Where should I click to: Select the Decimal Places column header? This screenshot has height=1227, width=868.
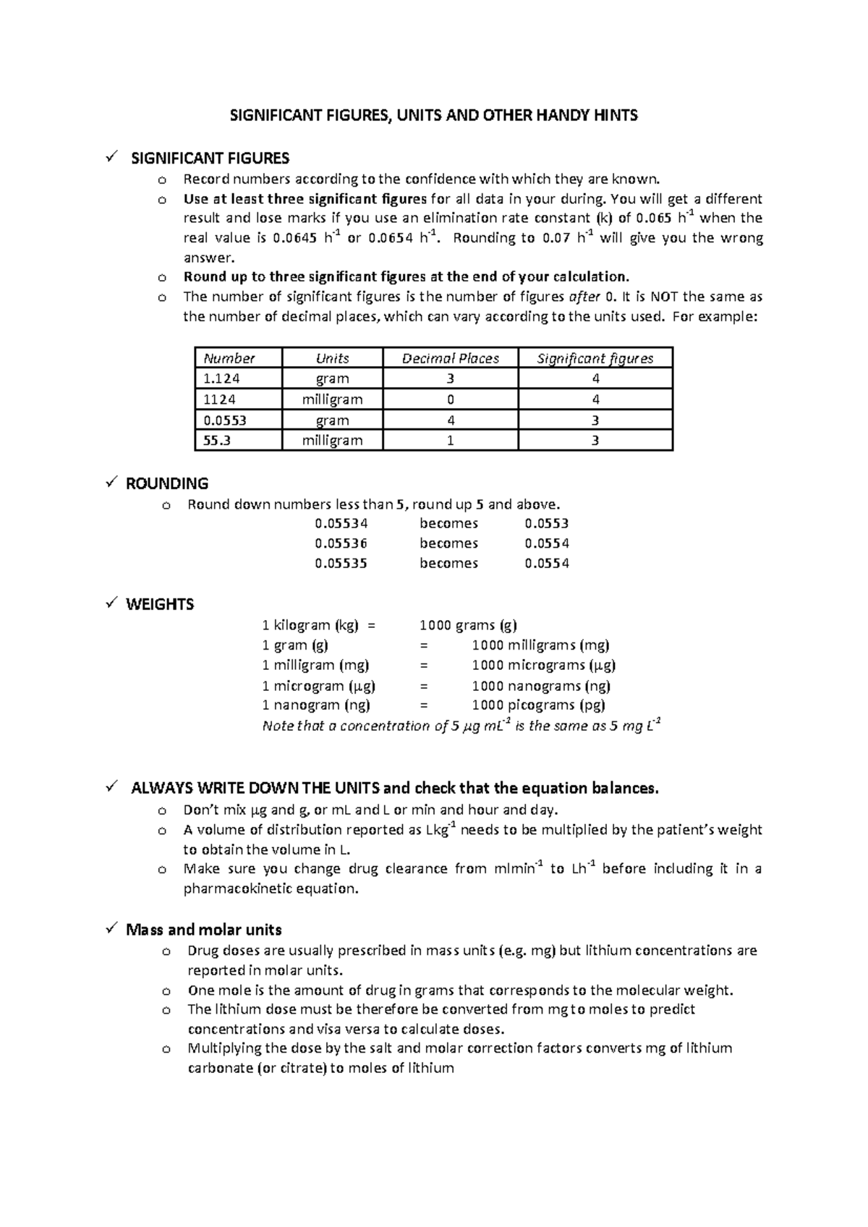[451, 358]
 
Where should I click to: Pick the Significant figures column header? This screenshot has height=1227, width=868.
[595, 358]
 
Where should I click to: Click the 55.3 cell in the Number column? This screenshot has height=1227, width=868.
[217, 440]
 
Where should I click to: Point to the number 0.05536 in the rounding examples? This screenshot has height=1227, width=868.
[341, 543]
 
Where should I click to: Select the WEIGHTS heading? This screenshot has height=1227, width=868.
[160, 604]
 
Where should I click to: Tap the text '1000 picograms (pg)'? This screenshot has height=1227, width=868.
[538, 705]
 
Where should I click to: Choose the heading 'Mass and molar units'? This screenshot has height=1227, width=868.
[203, 930]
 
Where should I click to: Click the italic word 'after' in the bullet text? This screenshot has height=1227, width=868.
[584, 296]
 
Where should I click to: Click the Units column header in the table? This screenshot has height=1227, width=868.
[332, 358]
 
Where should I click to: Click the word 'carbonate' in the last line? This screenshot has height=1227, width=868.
[219, 1068]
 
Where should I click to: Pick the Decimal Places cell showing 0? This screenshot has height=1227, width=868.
[451, 399]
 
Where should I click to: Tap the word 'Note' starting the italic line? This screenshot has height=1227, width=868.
[278, 726]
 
